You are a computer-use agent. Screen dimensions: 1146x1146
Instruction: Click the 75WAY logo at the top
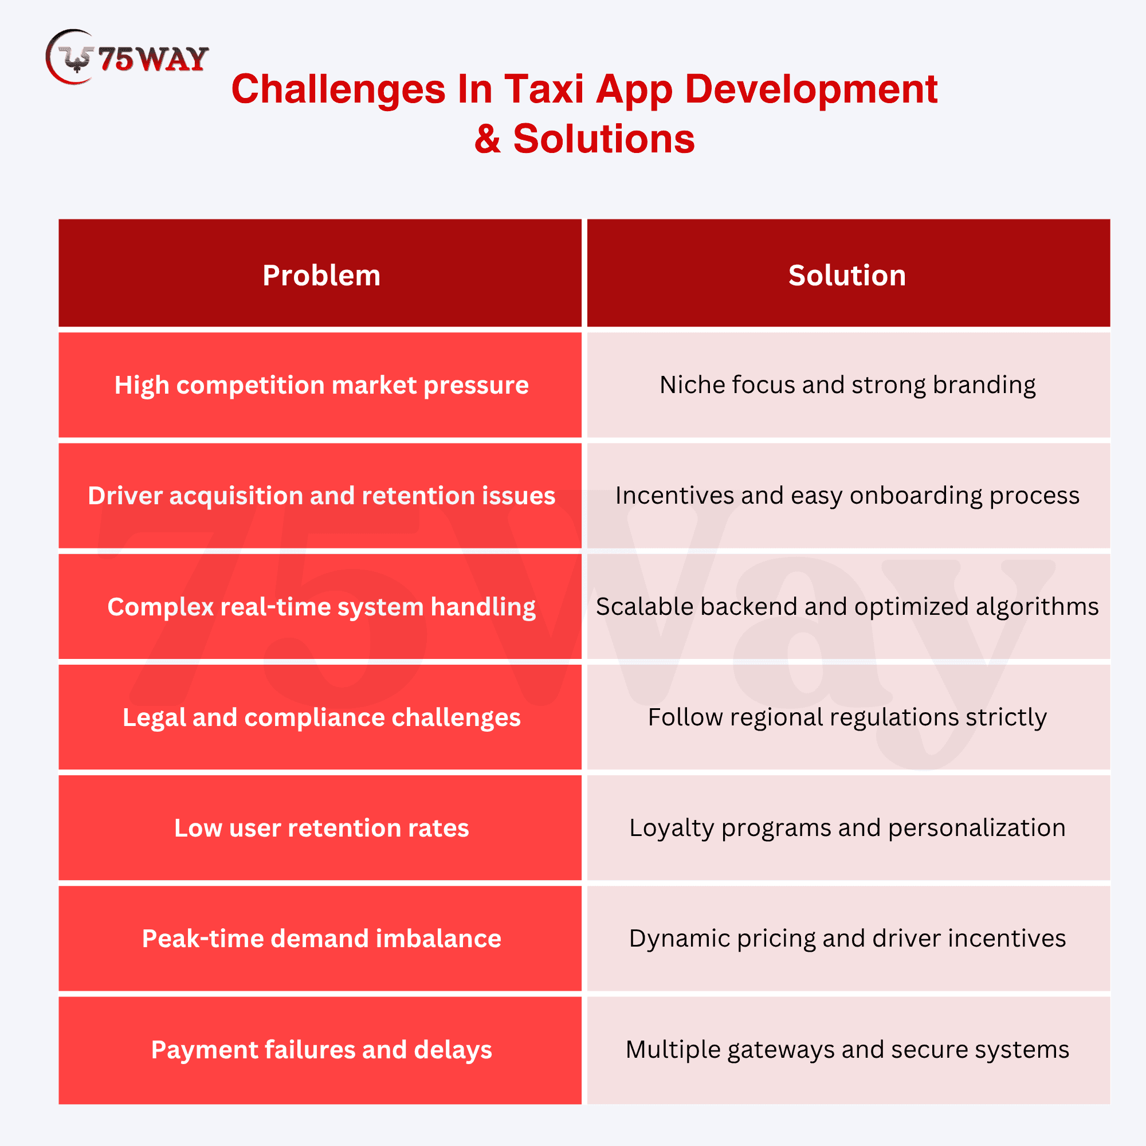(x=127, y=57)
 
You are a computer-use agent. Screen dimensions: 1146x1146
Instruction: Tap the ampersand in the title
(x=488, y=139)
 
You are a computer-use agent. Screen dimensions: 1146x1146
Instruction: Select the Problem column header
(x=320, y=273)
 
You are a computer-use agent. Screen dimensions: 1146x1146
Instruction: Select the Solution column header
(x=848, y=273)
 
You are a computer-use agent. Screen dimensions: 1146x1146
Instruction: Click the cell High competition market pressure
(x=320, y=385)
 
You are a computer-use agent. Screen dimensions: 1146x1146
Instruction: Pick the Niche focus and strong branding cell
(x=848, y=385)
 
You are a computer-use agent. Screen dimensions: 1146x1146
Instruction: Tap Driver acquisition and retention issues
(x=320, y=496)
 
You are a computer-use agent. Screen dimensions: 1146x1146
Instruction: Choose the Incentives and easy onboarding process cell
(x=848, y=496)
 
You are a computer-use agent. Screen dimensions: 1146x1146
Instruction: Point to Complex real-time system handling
(x=320, y=607)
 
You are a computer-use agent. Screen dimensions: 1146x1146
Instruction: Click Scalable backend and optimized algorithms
(x=848, y=607)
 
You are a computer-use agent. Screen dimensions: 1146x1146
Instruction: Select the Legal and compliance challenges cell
(x=320, y=717)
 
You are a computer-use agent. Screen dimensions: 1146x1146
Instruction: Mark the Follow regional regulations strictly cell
(x=848, y=717)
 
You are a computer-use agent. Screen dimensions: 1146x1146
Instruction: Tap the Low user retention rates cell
(x=320, y=828)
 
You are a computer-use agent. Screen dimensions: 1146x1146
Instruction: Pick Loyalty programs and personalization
(x=848, y=828)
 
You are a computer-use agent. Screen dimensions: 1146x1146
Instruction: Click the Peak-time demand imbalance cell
(x=320, y=939)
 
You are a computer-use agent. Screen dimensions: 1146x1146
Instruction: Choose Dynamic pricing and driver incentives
(x=848, y=939)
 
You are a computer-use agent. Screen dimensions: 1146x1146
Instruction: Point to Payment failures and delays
(x=320, y=1050)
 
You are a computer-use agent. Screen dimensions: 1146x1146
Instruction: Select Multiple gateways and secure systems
(x=848, y=1050)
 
